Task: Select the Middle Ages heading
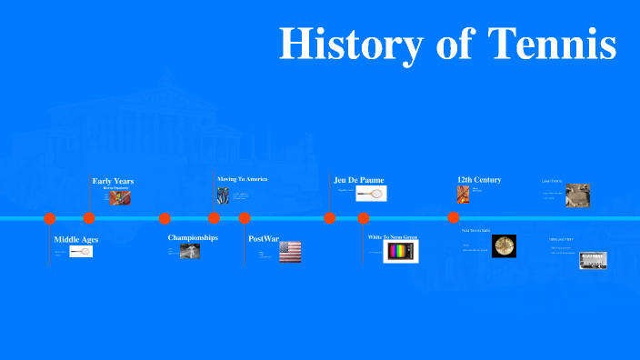[75, 240]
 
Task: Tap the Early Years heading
[113, 181]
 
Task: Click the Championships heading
[193, 237]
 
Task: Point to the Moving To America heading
[242, 179]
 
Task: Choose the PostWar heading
[264, 238]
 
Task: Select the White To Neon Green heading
[393, 237]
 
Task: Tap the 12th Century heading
[479, 179]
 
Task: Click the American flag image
[290, 252]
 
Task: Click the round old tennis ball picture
[504, 245]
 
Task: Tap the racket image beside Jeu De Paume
[372, 193]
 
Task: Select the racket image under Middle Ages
[81, 252]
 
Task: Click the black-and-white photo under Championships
[189, 252]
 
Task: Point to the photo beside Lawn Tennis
[577, 195]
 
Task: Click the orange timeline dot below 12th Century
[454, 218]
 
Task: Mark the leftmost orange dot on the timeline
[50, 218]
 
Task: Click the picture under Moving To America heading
[223, 195]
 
